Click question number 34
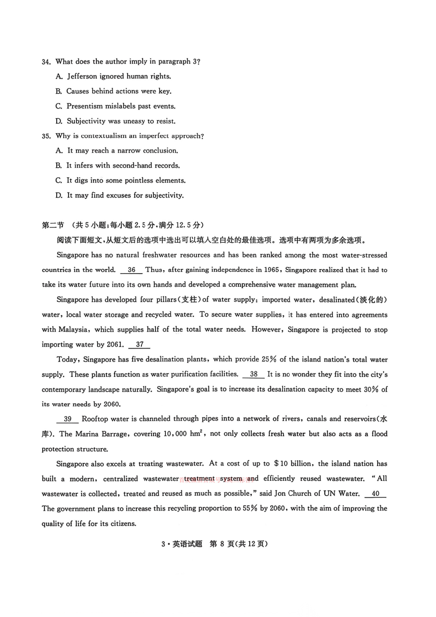click(46, 62)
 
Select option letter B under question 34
click(58, 91)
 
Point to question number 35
click(46, 136)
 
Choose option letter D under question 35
click(59, 196)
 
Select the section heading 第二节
click(53, 225)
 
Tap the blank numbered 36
click(131, 270)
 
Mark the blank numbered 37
click(139, 345)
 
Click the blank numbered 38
click(254, 374)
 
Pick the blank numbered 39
click(68, 419)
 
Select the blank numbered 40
click(375, 494)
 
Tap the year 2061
click(115, 345)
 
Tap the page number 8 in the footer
click(222, 544)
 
